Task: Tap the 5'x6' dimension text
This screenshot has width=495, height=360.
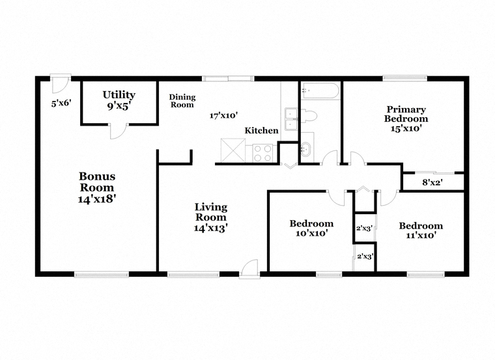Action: [x=61, y=103]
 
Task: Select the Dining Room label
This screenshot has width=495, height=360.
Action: [x=182, y=101]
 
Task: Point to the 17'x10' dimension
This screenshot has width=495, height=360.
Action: [x=223, y=115]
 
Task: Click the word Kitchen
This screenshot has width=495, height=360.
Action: [x=261, y=130]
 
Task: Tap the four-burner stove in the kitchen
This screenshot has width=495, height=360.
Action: [x=262, y=153]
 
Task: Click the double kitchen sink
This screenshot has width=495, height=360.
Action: [x=290, y=119]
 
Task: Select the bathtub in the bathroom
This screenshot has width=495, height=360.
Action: [x=320, y=91]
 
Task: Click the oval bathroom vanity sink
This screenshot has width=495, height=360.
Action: [x=305, y=149]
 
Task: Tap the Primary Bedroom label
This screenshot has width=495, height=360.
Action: [x=406, y=119]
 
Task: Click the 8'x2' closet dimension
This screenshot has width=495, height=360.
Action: [x=432, y=182]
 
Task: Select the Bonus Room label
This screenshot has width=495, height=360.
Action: [x=96, y=187]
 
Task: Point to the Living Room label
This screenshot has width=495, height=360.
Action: [x=211, y=217]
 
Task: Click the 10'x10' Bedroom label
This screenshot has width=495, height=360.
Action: [x=311, y=228]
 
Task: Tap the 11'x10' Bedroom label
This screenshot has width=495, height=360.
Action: [x=421, y=230]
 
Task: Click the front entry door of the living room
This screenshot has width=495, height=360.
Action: [x=249, y=269]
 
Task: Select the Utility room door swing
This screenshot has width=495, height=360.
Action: [x=118, y=131]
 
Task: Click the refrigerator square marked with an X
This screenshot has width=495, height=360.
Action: [x=233, y=150]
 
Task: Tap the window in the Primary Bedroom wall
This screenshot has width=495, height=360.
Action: [x=405, y=78]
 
